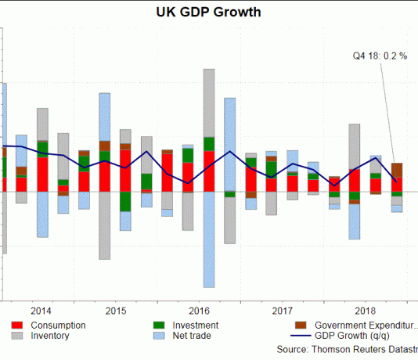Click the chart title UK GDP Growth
pos(208,13)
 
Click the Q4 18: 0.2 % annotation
pos(380,56)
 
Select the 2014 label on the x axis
pos(42,310)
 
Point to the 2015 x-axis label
pos(116,310)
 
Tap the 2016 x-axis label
pos(199,310)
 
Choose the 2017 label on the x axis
pos(282,310)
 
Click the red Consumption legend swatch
pos(17,325)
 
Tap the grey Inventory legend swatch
pos(17,336)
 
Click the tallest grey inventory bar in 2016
pos(209,102)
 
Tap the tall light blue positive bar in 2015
pos(105,117)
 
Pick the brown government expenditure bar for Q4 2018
pos(397,171)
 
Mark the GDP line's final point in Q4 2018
pos(397,181)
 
